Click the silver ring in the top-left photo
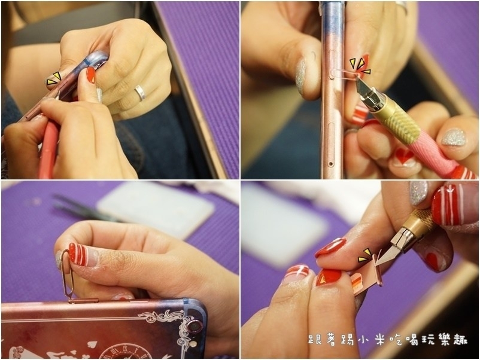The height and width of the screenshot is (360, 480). [140, 93]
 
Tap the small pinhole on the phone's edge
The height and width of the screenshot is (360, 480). [330, 164]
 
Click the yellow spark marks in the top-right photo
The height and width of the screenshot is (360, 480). [360, 66]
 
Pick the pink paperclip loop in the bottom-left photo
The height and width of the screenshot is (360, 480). [66, 274]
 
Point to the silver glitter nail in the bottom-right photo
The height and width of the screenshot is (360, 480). [418, 193]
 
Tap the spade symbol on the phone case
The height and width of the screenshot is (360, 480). [91, 344]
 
